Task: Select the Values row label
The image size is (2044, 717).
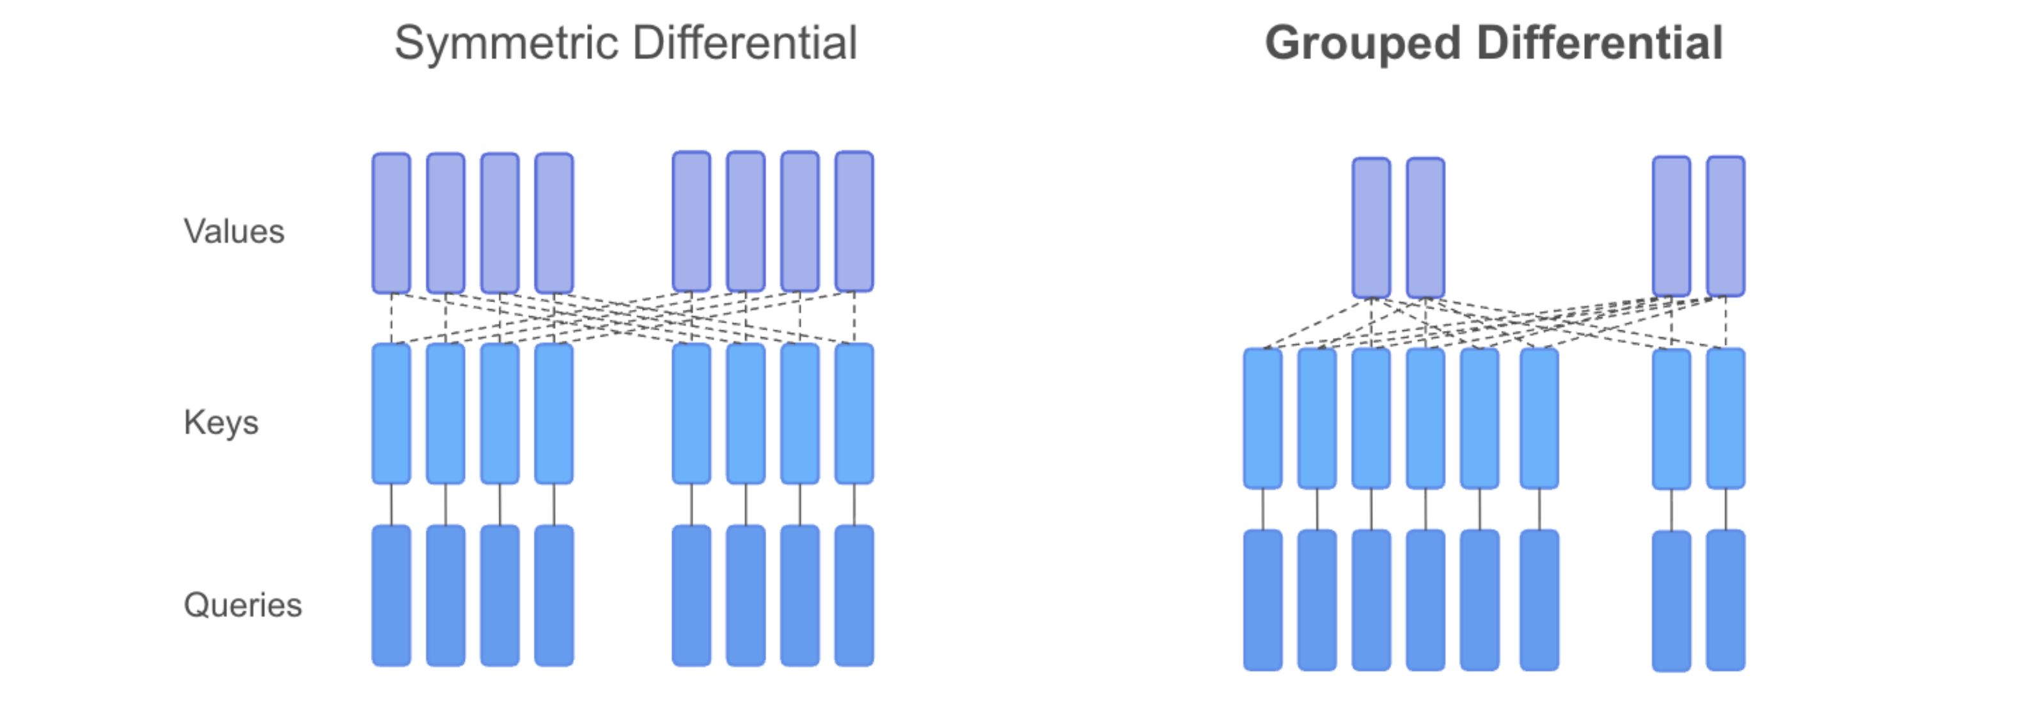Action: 233,231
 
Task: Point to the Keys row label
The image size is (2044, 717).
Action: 221,423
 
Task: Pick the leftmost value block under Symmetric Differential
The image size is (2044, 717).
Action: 391,223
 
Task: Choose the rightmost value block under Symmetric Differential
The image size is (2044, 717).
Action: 854,222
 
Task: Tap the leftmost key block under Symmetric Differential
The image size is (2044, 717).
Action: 391,413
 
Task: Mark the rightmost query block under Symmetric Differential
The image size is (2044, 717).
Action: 854,595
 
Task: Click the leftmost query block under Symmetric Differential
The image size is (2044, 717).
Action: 391,595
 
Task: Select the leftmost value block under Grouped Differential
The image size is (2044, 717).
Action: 1371,227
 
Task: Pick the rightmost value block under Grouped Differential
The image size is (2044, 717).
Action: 1725,225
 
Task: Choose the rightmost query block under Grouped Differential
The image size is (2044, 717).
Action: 1725,600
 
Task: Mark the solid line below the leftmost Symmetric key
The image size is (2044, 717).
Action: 391,504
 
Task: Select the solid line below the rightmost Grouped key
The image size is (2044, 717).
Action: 1725,509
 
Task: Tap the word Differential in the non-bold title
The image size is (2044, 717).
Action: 745,43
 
